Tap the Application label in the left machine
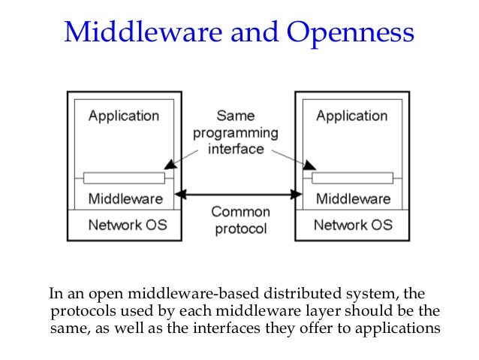(124, 116)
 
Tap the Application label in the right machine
(352, 116)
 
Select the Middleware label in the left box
(125, 199)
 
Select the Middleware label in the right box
(353, 199)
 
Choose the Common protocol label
(239, 220)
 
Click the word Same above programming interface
(236, 116)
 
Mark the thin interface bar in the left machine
(124, 178)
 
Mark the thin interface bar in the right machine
(352, 178)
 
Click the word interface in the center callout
(236, 149)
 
